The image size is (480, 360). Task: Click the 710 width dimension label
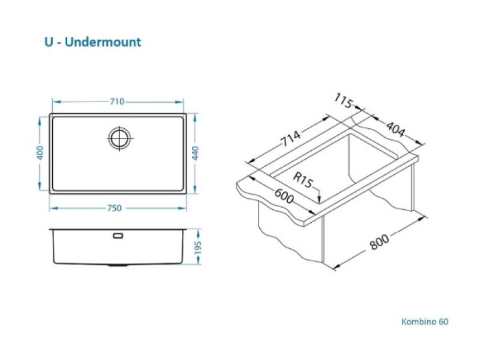click(x=117, y=102)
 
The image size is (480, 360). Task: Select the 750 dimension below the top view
click(x=118, y=208)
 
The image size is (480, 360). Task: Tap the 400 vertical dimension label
click(x=40, y=153)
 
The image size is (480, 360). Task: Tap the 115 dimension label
click(x=344, y=100)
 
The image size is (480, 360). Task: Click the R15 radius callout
click(x=302, y=180)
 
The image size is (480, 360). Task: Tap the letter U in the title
click(x=49, y=43)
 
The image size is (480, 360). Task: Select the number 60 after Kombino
click(x=444, y=321)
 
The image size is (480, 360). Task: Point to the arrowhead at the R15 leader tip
click(x=320, y=201)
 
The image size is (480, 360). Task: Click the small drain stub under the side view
click(x=118, y=265)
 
